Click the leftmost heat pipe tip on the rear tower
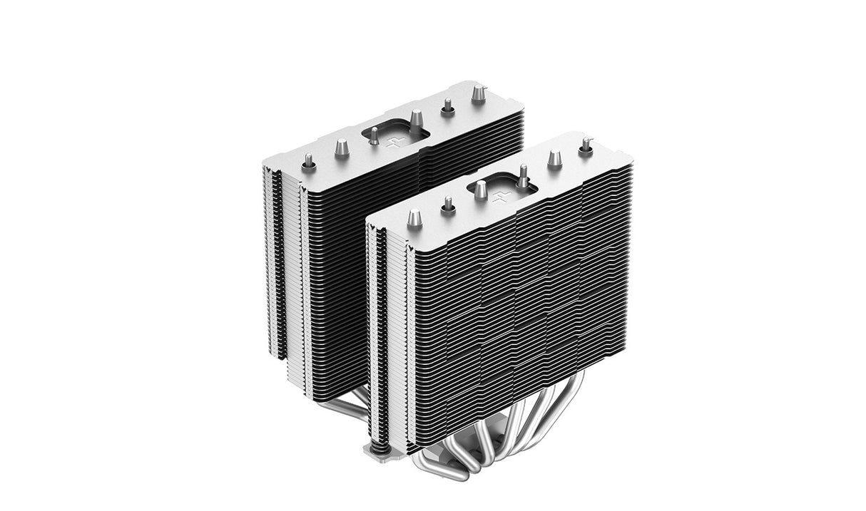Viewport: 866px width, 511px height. [x=308, y=162]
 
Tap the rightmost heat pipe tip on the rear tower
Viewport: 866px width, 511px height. [x=479, y=93]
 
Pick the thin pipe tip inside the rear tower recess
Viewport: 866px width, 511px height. [x=373, y=135]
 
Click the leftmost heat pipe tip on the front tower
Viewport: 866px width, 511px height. [x=414, y=218]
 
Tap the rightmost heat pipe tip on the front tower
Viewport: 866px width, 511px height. [x=586, y=145]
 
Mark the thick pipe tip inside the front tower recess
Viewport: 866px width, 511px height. [x=480, y=189]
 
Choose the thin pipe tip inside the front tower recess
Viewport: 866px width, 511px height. [x=523, y=175]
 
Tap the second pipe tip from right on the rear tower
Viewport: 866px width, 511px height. [x=448, y=107]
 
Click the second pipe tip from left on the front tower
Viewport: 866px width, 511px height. [x=448, y=205]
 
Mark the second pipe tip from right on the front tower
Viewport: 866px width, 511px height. [x=554, y=159]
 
